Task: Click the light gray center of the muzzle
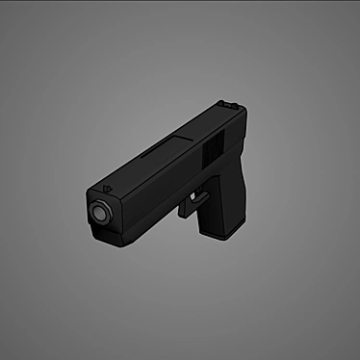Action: click(99, 211)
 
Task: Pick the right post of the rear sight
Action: click(235, 105)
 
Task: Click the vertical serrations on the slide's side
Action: click(213, 149)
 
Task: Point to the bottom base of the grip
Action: click(220, 235)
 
